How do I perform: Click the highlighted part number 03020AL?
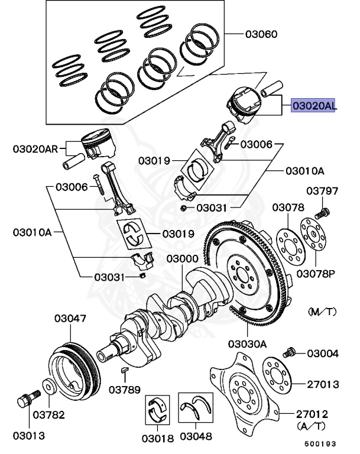313,105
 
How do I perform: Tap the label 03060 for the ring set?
261,34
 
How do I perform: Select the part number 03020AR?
35,149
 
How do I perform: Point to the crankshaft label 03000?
182,258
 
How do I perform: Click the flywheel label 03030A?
247,344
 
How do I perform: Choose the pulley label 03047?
70,318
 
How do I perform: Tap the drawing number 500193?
320,443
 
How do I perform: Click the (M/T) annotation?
322,312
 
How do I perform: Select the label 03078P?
316,274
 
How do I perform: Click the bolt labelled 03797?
322,213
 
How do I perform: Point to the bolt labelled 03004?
288,352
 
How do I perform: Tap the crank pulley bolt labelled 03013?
28,398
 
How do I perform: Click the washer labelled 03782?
49,386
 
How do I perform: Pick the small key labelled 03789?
124,369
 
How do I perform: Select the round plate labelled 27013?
276,376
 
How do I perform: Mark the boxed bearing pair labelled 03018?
157,410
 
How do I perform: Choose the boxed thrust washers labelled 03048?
196,407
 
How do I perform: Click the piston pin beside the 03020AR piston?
74,161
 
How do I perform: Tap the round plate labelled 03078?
290,247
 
